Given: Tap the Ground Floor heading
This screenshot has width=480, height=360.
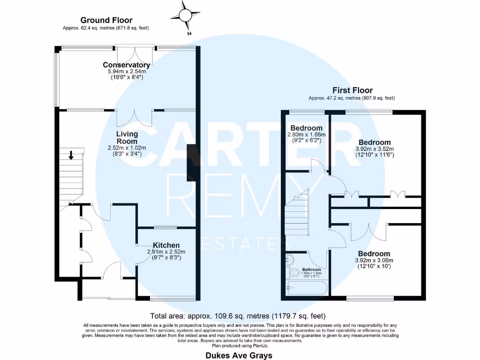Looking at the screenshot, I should pos(106,20).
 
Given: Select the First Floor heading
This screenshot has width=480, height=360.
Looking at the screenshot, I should pos(352,90).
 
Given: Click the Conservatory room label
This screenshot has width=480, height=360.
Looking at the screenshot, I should pos(127,65).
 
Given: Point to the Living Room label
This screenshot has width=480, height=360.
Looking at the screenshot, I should pos(127,137).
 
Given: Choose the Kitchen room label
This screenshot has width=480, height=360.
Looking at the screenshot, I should pos(166,245).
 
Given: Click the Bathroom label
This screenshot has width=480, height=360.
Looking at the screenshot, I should pos(311,270).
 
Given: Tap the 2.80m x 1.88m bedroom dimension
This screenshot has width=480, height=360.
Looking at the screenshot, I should pos(306,135).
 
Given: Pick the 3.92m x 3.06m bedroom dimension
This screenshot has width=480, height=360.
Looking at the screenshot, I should pos(373,261).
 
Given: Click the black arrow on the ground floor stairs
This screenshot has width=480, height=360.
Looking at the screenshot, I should pos(71,155).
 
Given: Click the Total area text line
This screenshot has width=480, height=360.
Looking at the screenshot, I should pos(238,315).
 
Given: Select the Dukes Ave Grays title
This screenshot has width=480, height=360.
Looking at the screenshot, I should pos(239,355).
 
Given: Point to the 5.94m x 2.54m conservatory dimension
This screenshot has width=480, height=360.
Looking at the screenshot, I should pos(127,72).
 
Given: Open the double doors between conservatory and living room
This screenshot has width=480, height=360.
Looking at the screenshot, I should pos(135,118).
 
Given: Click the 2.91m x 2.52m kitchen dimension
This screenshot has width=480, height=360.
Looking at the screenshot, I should pos(164,252).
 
